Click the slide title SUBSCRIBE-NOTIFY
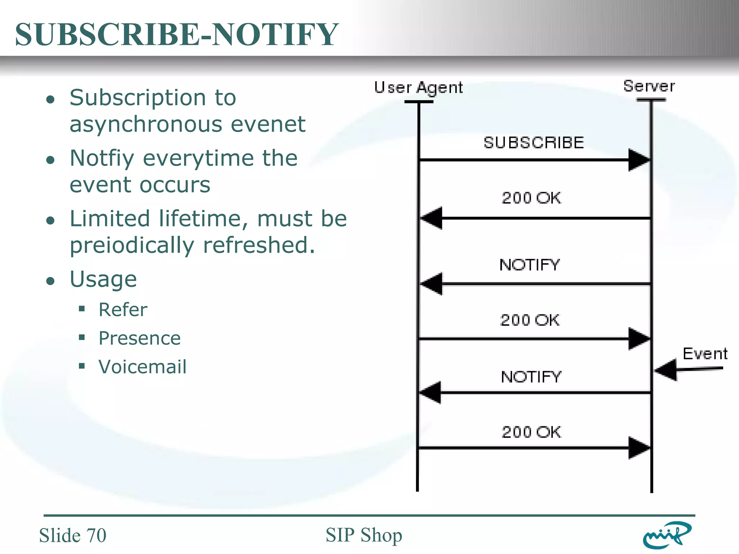(176, 34)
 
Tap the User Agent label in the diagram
(418, 88)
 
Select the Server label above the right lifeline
(649, 86)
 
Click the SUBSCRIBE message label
(533, 143)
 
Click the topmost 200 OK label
(531, 198)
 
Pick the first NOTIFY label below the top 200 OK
(529, 265)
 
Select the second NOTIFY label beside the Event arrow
(531, 377)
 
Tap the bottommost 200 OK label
(531, 432)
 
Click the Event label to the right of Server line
(705, 354)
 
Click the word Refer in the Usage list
(123, 310)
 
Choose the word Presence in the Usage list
(140, 338)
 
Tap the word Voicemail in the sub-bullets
(143, 367)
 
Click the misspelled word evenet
(268, 124)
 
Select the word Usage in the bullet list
(103, 280)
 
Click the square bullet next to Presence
(82, 338)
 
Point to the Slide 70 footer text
(73, 535)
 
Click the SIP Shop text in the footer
(364, 535)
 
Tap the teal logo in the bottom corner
(667, 535)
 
